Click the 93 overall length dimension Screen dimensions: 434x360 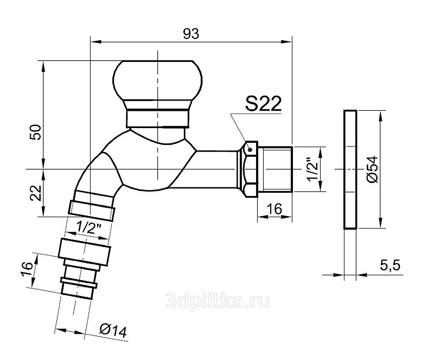click(191, 34)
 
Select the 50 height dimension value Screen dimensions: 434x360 click(36, 132)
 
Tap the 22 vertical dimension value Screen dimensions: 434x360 click(36, 193)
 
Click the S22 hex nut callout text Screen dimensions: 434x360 click(263, 103)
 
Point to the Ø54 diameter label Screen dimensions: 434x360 click(372, 169)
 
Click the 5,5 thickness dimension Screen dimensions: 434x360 click(390, 266)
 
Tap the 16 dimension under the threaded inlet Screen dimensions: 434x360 click(275, 209)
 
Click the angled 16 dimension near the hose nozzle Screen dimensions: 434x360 click(27, 269)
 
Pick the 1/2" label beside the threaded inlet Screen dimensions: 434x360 click(314, 169)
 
